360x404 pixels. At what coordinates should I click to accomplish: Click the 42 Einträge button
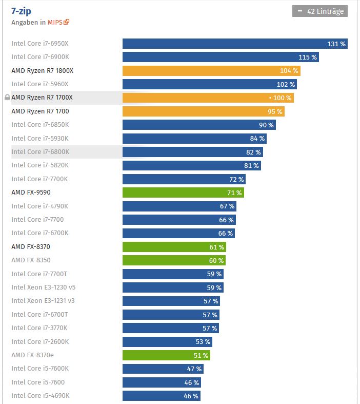320,11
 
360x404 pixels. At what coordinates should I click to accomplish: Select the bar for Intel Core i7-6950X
235,44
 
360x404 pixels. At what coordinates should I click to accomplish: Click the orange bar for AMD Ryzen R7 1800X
211,71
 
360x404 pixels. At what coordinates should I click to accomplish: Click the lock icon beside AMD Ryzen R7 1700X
7,97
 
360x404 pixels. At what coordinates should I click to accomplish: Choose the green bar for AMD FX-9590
183,193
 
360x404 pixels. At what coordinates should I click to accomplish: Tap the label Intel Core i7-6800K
40,152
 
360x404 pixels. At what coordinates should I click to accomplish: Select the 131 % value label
336,44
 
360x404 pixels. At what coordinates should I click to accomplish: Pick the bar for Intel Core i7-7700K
184,179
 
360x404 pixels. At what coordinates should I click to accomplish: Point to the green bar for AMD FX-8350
173,260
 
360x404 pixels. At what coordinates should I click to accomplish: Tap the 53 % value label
203,342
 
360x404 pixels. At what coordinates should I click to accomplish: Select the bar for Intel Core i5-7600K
163,369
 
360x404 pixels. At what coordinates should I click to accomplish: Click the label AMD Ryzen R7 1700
40,111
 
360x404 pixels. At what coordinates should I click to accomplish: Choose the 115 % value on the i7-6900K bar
308,57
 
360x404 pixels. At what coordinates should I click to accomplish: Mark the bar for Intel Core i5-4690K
161,396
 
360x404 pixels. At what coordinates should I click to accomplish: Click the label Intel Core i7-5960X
40,84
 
